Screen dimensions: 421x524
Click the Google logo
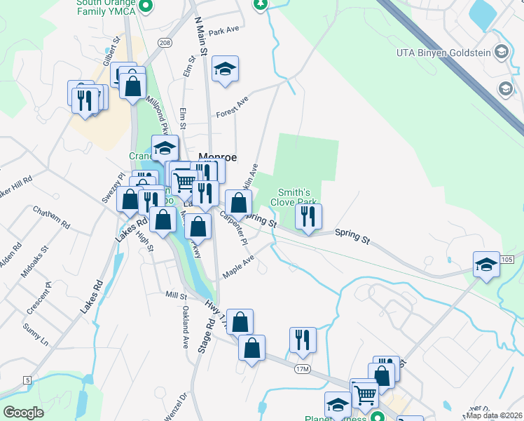coord(24,413)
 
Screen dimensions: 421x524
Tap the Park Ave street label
coord(224,32)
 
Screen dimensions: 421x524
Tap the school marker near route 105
coord(486,265)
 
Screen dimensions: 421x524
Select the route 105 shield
coord(508,260)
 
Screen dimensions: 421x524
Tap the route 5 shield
coord(27,380)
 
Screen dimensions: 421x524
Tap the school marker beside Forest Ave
coord(225,69)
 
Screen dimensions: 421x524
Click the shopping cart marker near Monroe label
coord(184,182)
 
